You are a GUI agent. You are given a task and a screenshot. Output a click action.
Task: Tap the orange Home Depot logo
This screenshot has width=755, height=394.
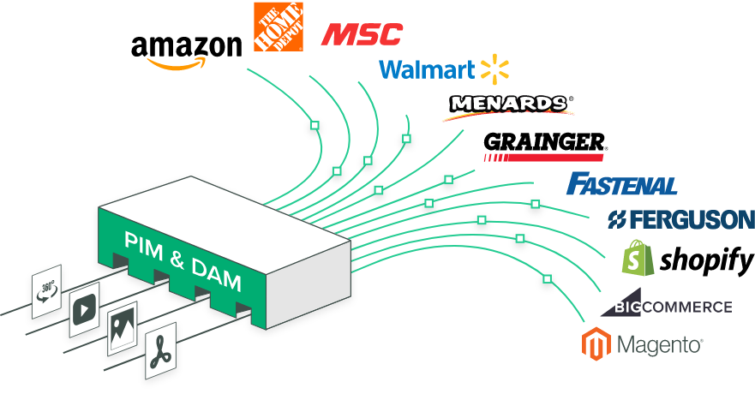point(279,27)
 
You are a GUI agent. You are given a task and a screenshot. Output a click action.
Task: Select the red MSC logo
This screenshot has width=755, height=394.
point(362,34)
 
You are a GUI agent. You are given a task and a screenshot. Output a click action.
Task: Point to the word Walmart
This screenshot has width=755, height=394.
point(427,69)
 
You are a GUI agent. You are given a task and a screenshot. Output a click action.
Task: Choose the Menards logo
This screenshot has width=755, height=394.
point(509,107)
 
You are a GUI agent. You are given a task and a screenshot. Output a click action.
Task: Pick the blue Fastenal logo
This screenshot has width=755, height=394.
point(621,183)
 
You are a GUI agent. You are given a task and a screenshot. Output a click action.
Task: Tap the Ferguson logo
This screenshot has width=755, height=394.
point(680,219)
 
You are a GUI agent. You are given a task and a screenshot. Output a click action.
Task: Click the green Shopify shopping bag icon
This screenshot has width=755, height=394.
point(638,258)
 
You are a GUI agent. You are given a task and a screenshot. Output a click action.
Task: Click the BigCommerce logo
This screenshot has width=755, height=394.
point(667,303)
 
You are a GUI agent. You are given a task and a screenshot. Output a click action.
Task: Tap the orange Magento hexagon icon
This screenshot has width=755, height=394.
point(596,343)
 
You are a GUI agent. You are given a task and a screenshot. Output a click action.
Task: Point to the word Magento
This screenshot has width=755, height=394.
point(659,345)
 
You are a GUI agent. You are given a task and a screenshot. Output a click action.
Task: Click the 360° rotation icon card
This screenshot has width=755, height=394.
point(47,291)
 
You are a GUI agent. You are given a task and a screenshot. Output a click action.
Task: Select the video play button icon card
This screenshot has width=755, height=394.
point(84,309)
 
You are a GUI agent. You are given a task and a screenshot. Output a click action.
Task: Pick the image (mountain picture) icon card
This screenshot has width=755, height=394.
point(123,329)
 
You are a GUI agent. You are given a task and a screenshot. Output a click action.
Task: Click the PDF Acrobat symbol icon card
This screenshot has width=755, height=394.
point(160,350)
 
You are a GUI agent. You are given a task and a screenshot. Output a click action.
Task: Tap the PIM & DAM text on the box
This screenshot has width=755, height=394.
point(183,260)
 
